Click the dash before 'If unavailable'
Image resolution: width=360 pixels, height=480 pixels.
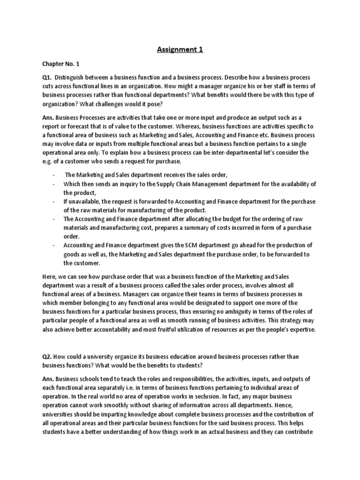point(54,202)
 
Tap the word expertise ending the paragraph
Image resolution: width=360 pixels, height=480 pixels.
point(303,330)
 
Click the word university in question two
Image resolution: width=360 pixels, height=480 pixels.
point(107,357)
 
